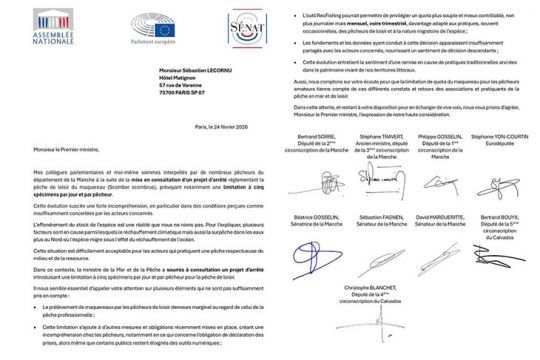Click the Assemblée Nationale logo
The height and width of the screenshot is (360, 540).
(x=31, y=25)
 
